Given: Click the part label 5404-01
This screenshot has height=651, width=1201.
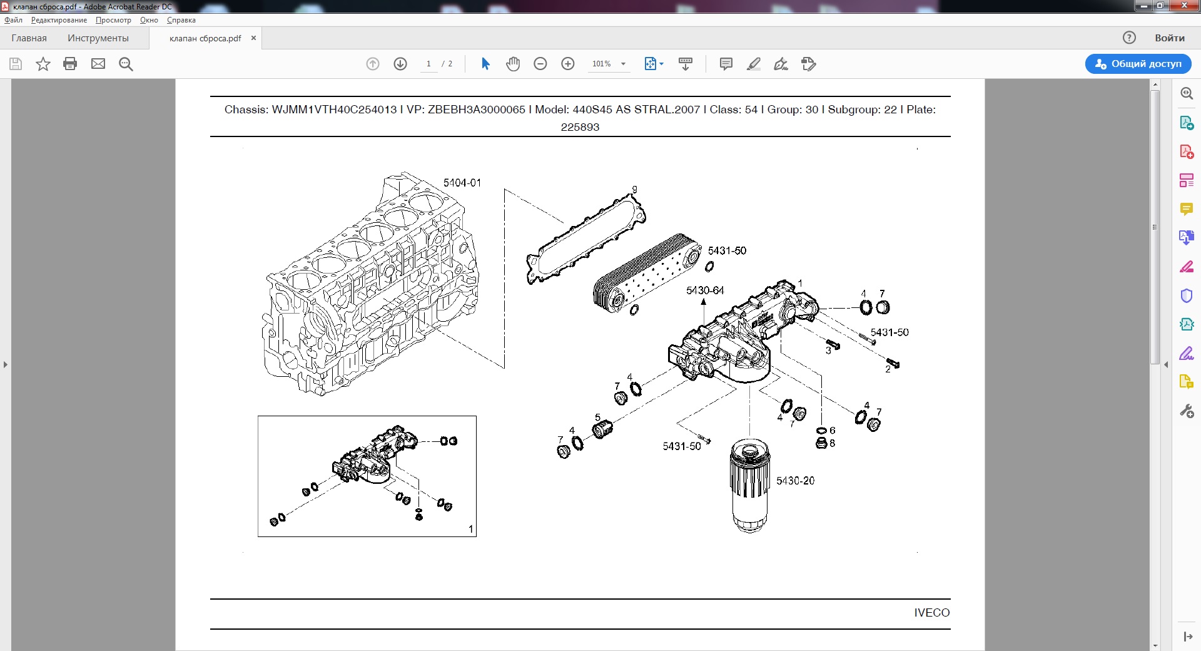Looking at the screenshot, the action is click(x=462, y=183).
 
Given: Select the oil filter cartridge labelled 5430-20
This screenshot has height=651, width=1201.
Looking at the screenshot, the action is click(x=749, y=485).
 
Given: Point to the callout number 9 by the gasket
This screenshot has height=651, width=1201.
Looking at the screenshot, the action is click(x=635, y=190).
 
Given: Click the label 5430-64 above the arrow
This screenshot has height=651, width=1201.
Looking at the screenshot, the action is click(x=705, y=290).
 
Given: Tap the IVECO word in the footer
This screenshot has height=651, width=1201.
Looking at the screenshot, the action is click(x=931, y=613).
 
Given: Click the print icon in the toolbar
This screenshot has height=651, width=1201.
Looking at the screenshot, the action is click(x=70, y=64).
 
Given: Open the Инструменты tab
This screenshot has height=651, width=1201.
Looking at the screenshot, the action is click(x=98, y=38).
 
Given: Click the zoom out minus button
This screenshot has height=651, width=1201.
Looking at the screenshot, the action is click(x=540, y=64).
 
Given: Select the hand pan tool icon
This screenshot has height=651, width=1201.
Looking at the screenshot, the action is click(x=513, y=64).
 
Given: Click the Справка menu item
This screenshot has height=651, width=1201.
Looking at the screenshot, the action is click(x=181, y=20).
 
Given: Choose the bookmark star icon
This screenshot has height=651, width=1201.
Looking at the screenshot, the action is click(x=43, y=64).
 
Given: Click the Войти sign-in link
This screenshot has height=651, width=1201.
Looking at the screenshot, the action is click(x=1170, y=38).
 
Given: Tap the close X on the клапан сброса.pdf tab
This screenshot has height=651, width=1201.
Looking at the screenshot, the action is click(x=253, y=38).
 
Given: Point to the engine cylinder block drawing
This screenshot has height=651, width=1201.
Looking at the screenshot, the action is click(x=370, y=284).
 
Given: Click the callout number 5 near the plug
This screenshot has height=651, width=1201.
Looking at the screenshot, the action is click(x=597, y=418).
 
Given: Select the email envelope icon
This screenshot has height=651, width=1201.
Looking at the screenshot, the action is click(x=98, y=64).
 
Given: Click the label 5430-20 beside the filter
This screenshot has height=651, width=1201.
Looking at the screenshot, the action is click(x=796, y=481).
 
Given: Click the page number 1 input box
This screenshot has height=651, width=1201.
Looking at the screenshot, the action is click(x=428, y=64).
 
